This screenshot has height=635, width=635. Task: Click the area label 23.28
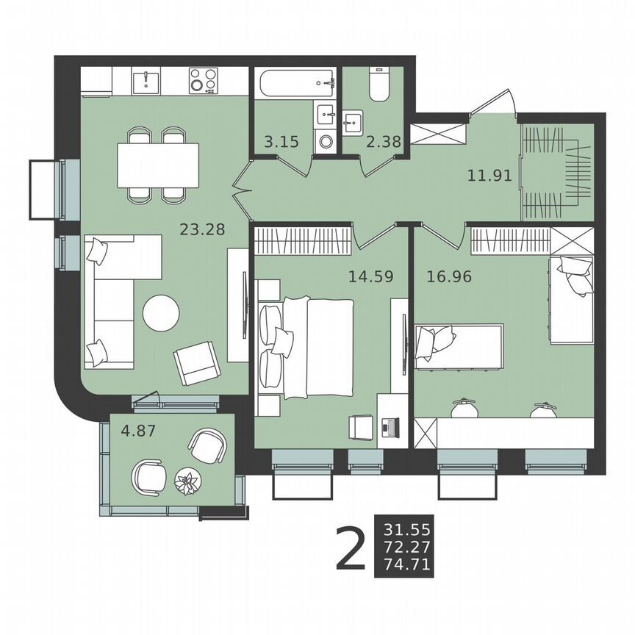pyautogui.click(x=202, y=229)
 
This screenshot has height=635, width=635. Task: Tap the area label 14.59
pyautogui.click(x=370, y=277)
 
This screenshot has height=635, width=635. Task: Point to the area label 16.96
pyautogui.click(x=448, y=277)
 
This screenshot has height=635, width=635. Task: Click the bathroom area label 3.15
pyautogui.click(x=281, y=142)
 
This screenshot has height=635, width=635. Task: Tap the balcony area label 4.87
pyautogui.click(x=139, y=431)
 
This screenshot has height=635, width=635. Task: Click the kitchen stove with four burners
pyautogui.click(x=203, y=81)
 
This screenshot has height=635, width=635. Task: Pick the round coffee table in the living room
pyautogui.click(x=161, y=313)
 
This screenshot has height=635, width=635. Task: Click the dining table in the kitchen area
pyautogui.click(x=158, y=165)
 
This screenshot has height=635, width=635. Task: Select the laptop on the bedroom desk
pyautogui.click(x=390, y=426)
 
